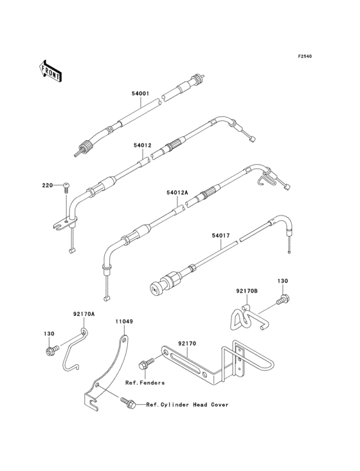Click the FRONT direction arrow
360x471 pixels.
point(50,71)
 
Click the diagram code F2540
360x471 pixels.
point(305,56)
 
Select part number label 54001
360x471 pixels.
point(140,93)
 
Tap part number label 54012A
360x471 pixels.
point(177,192)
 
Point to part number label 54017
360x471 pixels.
point(221,235)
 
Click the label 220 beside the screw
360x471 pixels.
point(47,185)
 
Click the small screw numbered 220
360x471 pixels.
point(66,189)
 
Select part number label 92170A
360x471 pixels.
point(84,314)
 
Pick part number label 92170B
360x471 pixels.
point(246,291)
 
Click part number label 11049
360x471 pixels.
point(124,322)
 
